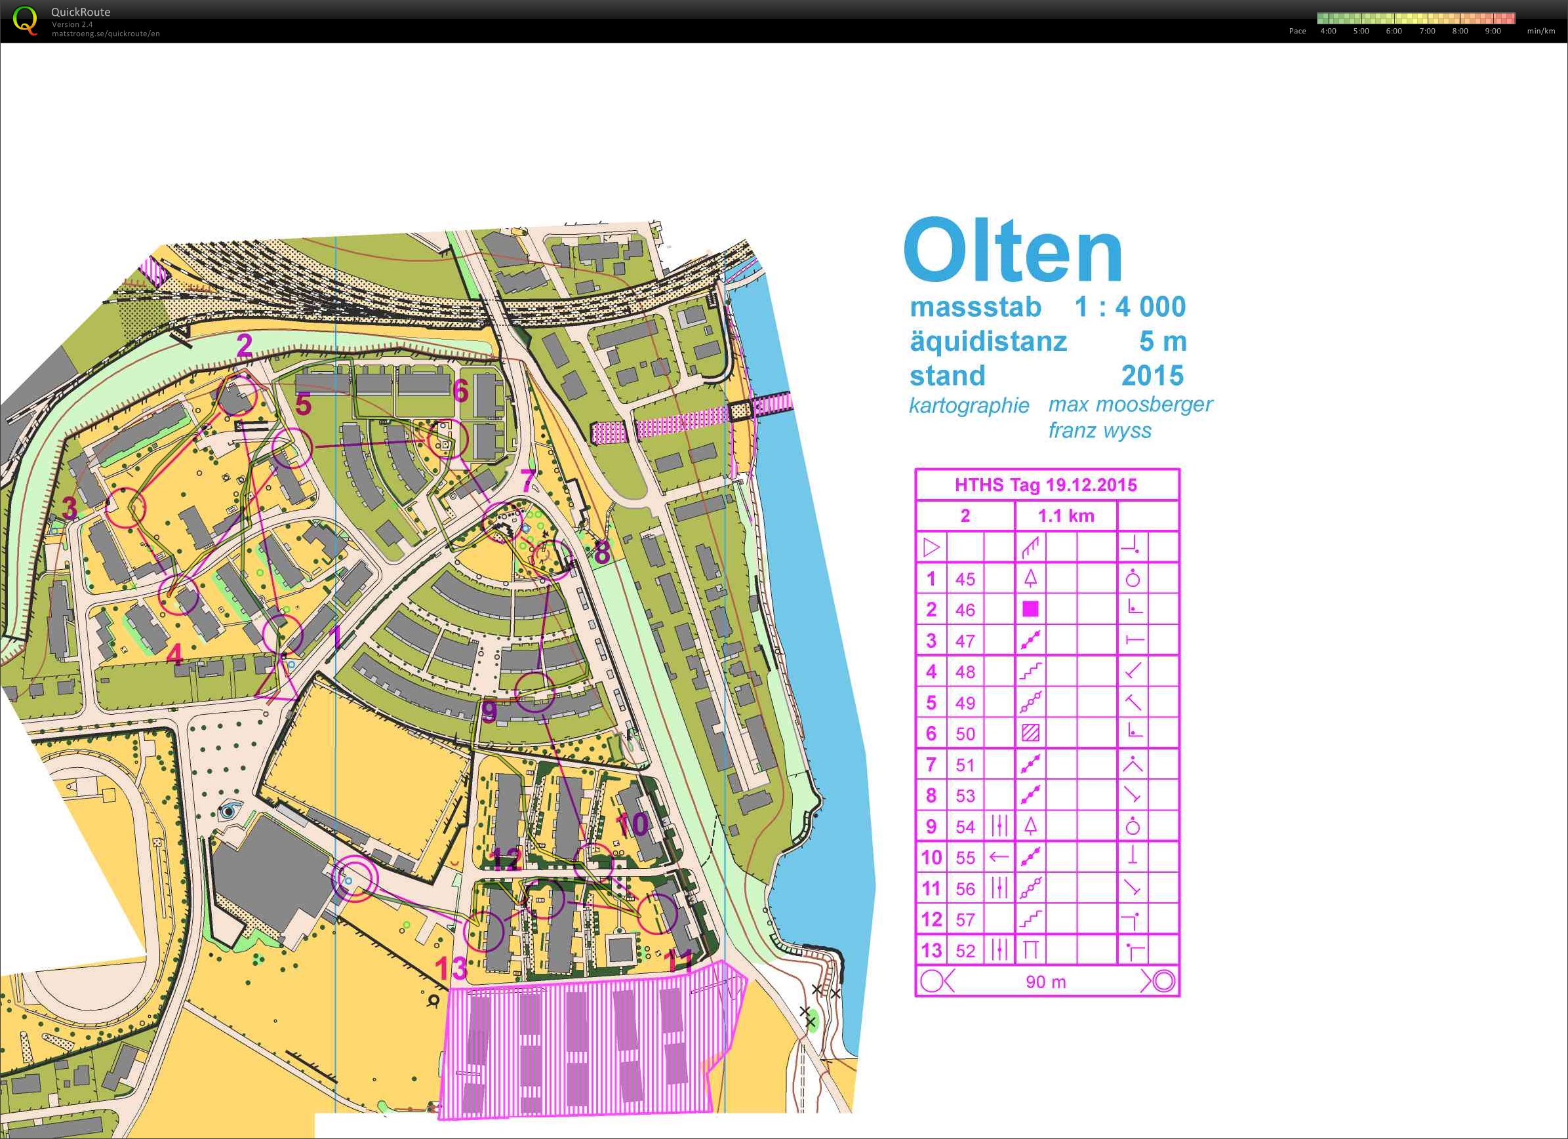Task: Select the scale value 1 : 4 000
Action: pyautogui.click(x=1130, y=307)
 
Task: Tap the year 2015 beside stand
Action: pyautogui.click(x=1152, y=375)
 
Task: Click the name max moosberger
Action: pyautogui.click(x=1130, y=405)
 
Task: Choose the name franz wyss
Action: pyautogui.click(x=1099, y=431)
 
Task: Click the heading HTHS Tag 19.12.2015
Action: pyautogui.click(x=1045, y=485)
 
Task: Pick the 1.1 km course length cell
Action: pyautogui.click(x=1066, y=515)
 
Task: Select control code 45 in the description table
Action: pyautogui.click(x=965, y=579)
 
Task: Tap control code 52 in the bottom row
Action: pyautogui.click(x=965, y=951)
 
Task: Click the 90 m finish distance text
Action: pyautogui.click(x=1045, y=982)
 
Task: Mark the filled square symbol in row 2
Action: pyautogui.click(x=1030, y=609)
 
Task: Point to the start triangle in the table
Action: pyautogui.click(x=931, y=548)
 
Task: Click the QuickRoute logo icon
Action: pyautogui.click(x=26, y=20)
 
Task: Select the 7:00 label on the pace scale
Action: pyautogui.click(x=1427, y=31)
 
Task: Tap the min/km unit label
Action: pyautogui.click(x=1541, y=31)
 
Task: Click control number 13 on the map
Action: pyautogui.click(x=451, y=969)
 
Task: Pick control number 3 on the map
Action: pyautogui.click(x=70, y=508)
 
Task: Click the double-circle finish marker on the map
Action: pyautogui.click(x=355, y=879)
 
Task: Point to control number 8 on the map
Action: pyautogui.click(x=602, y=552)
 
